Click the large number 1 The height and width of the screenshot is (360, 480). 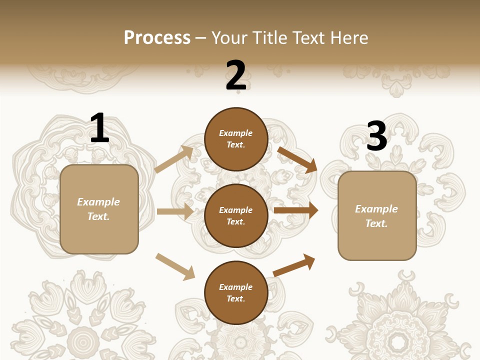(x=99, y=128)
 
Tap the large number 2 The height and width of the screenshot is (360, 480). (x=236, y=75)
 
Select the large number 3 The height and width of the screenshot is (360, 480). (x=376, y=136)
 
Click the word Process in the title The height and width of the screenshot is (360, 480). (x=157, y=37)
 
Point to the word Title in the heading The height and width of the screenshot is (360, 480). (x=269, y=37)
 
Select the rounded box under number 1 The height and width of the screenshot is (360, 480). (x=99, y=209)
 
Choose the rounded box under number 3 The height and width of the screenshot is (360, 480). (x=377, y=216)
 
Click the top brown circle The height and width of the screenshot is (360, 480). (x=236, y=139)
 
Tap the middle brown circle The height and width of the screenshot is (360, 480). (x=236, y=215)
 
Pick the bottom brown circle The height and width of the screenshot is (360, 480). (x=236, y=292)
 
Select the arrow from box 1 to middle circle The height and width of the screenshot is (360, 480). (x=175, y=211)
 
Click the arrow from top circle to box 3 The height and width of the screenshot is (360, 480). (x=297, y=159)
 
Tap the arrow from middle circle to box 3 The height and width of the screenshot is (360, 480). (x=296, y=210)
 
